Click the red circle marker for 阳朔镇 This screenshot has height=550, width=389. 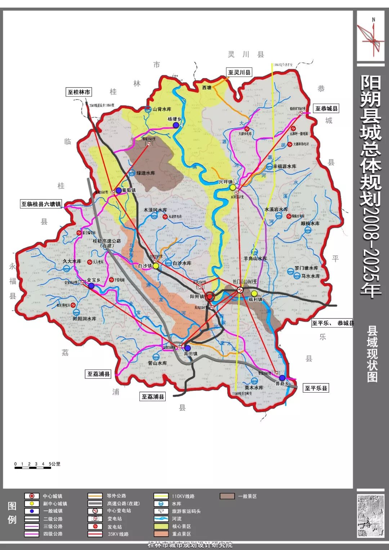click(x=210, y=296)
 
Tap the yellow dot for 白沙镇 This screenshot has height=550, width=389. click(x=156, y=266)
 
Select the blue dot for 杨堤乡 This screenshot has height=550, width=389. click(x=176, y=125)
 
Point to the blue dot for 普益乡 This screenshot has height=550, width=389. click(x=282, y=377)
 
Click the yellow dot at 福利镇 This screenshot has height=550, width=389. click(x=254, y=293)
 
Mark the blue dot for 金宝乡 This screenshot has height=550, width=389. click(x=91, y=286)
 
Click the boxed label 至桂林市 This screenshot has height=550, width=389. click(x=79, y=92)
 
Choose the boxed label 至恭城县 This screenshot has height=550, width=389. click(x=326, y=108)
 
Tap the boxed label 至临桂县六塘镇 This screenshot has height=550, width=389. click(x=41, y=204)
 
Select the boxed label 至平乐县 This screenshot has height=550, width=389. click(x=316, y=388)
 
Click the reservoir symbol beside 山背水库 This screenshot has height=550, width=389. click(x=148, y=109)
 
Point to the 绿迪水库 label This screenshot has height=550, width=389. click(x=146, y=173)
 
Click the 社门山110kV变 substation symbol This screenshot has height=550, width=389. click(x=240, y=290)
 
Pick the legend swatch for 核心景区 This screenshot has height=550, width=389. click(x=161, y=526)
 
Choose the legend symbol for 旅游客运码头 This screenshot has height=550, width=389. click(x=161, y=511)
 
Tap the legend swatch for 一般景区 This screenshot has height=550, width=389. click(x=227, y=496)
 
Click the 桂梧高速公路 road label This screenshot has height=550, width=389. click(x=107, y=243)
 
